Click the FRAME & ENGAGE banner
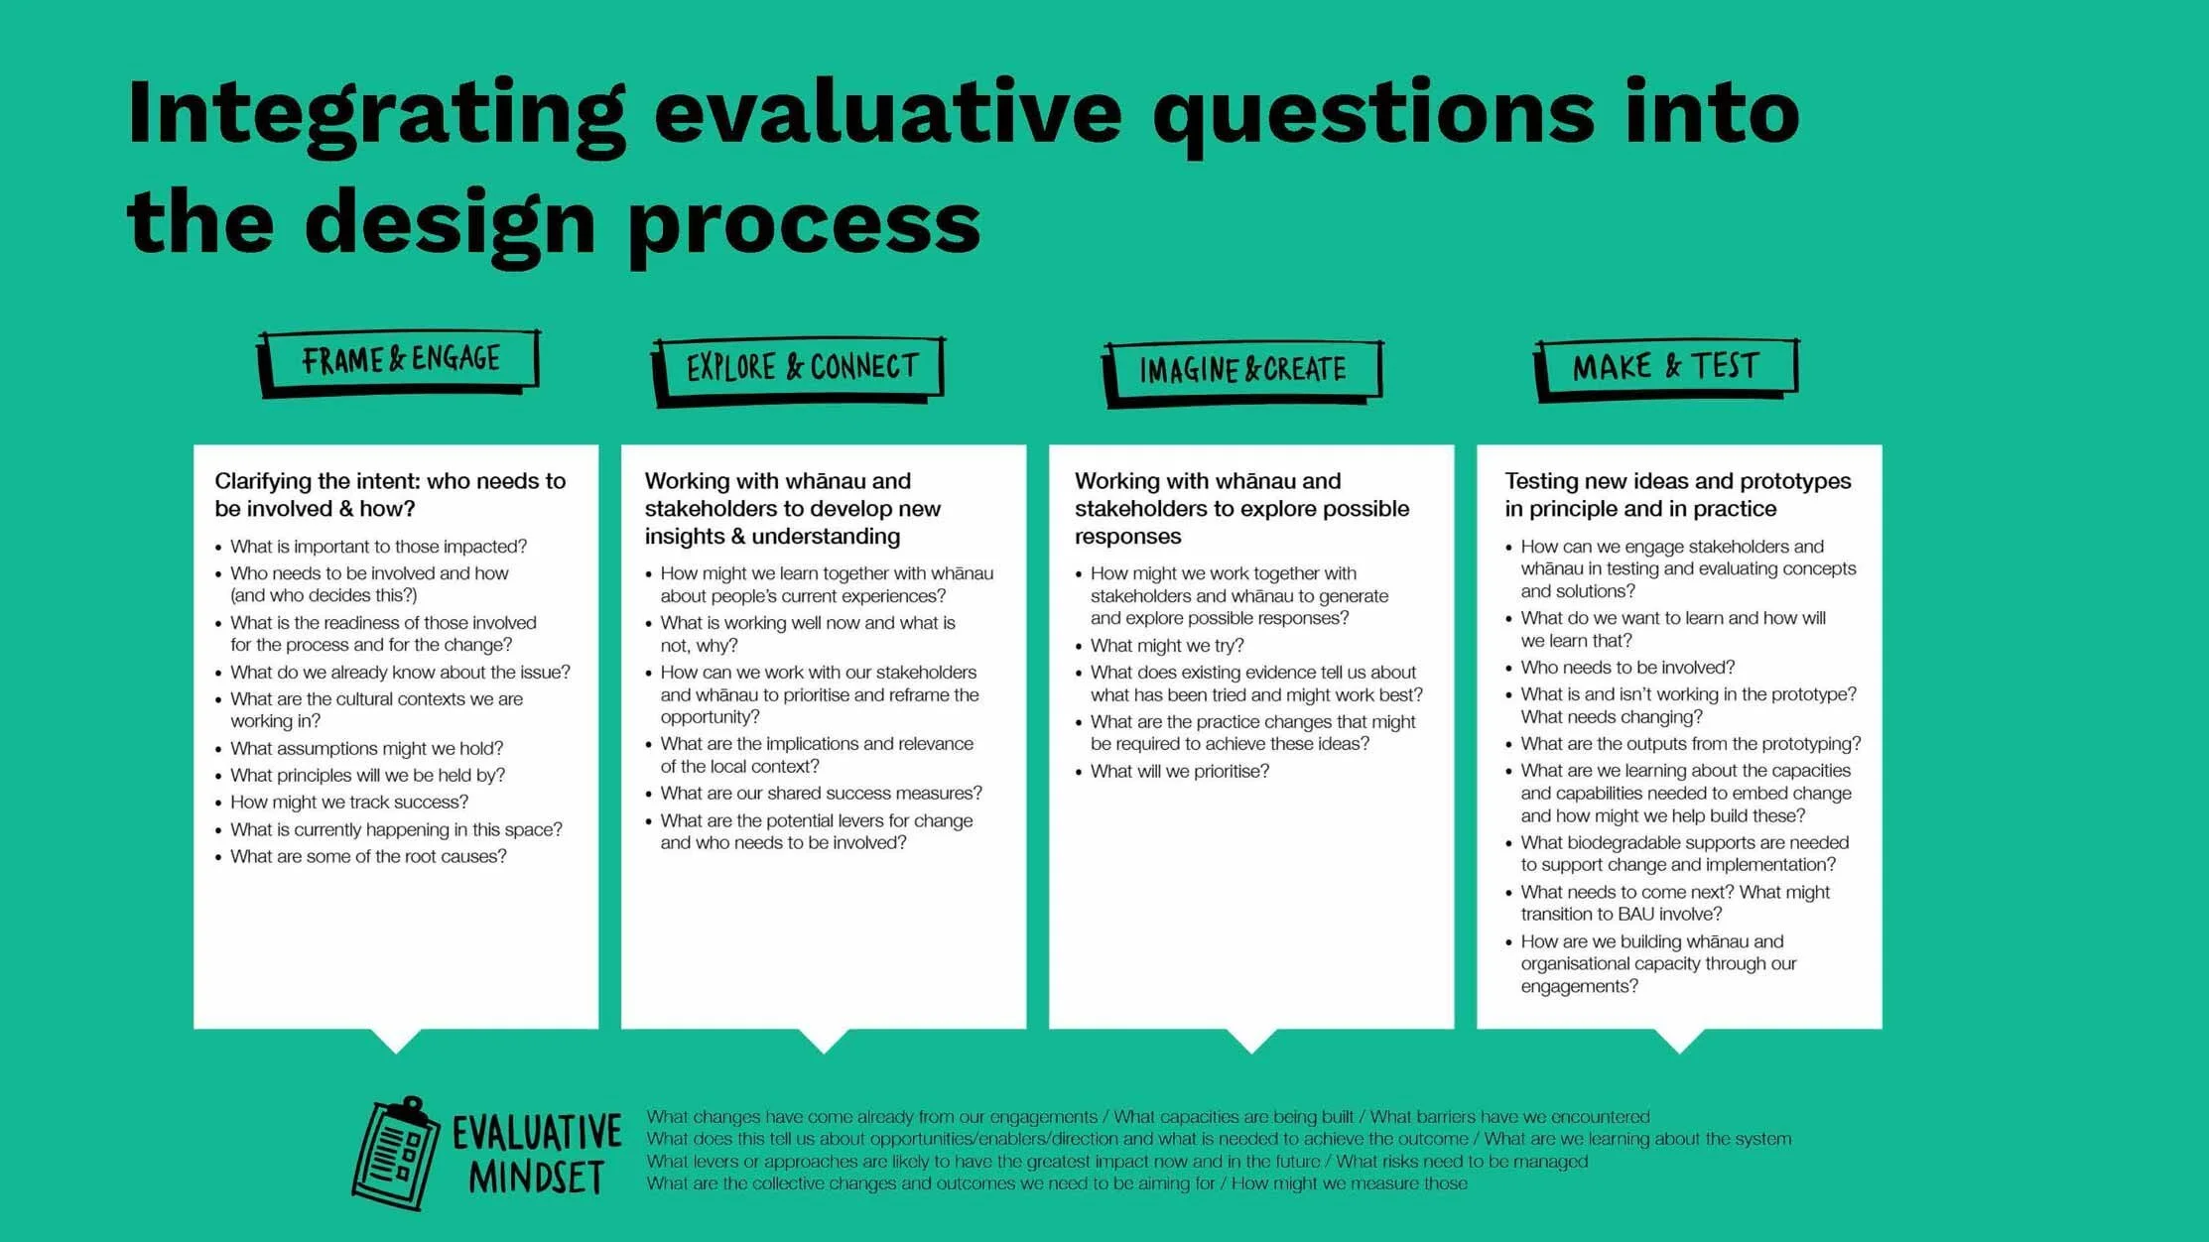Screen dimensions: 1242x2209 400,360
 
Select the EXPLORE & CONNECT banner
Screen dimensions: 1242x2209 801,368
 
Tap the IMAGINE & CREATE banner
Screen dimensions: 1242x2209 1242,371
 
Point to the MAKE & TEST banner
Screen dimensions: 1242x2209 1666,367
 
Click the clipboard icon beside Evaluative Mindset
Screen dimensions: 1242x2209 396,1154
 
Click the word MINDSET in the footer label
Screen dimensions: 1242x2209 536,1179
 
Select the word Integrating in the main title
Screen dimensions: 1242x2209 376,114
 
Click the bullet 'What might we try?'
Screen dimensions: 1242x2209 1167,646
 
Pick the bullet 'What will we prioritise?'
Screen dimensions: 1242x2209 1179,772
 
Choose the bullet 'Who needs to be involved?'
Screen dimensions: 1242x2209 1627,668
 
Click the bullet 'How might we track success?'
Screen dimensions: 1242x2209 349,803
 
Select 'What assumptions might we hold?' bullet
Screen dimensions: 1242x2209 366,749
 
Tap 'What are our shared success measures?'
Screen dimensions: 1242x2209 821,794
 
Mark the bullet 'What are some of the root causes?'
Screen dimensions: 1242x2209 368,857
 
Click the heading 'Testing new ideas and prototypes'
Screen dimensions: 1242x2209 1677,481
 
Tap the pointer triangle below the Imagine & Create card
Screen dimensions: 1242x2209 1251,1039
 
